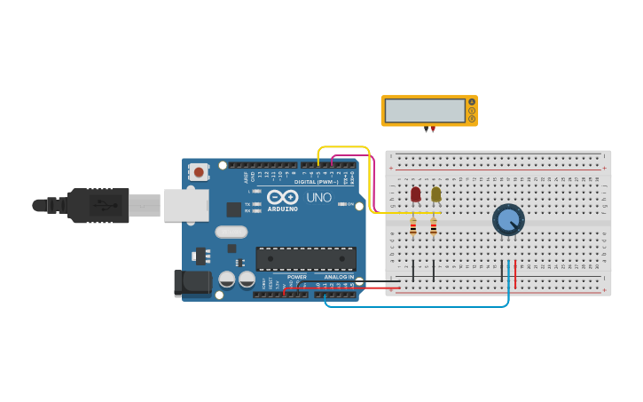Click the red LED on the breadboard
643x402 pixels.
pyautogui.click(x=415, y=194)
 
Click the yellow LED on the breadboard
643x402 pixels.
pyautogui.click(x=435, y=194)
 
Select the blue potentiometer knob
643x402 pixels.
pyautogui.click(x=508, y=219)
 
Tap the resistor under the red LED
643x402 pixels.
pyautogui.click(x=413, y=228)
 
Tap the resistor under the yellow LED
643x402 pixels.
pyautogui.click(x=434, y=228)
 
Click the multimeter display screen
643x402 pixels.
pyautogui.click(x=425, y=111)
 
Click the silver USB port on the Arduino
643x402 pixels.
pyautogui.click(x=186, y=205)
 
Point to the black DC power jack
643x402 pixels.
pyautogui.click(x=192, y=282)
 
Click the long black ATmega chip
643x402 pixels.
pyautogui.click(x=306, y=258)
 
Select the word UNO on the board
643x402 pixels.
pyautogui.click(x=318, y=197)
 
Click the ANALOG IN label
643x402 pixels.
pyautogui.click(x=339, y=277)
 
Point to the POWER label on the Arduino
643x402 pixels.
pyautogui.click(x=297, y=277)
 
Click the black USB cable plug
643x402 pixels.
pyautogui.click(x=98, y=205)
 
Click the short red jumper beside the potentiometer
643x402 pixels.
pyautogui.click(x=515, y=272)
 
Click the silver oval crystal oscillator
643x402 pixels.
pyautogui.click(x=231, y=233)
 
